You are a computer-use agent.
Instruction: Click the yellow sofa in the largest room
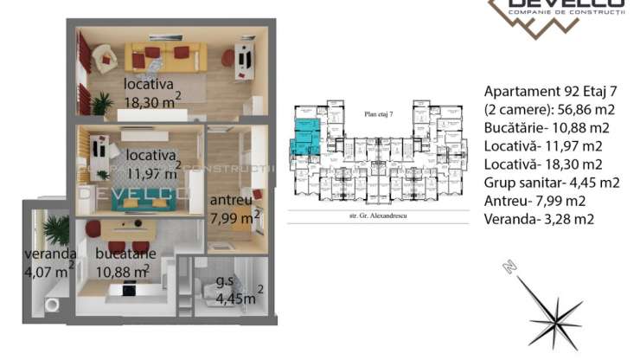pyautogui.click(x=163, y=58)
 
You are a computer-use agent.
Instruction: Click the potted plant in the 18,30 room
pyautogui.click(x=102, y=105)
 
